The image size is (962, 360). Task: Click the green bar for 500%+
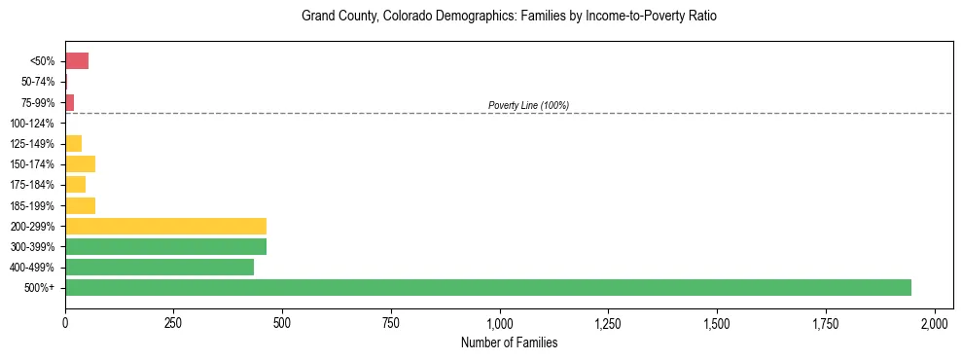click(x=487, y=287)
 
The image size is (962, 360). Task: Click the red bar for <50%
click(x=77, y=61)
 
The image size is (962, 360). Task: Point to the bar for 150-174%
click(x=80, y=163)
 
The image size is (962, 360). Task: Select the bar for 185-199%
click(x=80, y=205)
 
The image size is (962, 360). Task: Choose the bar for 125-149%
click(x=73, y=143)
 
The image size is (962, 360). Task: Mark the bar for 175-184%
click(x=75, y=184)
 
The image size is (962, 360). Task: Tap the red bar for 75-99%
click(x=69, y=102)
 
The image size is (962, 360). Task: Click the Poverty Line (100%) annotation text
click(x=528, y=105)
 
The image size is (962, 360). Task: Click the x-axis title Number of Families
click(x=509, y=342)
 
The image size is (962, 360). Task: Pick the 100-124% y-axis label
click(x=32, y=124)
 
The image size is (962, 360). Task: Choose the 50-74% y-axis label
click(x=37, y=82)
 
